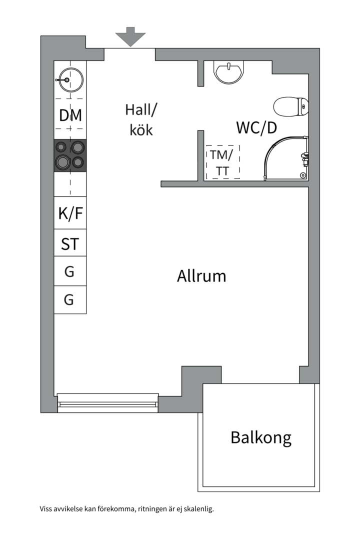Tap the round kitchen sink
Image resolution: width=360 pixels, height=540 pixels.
tap(71, 80)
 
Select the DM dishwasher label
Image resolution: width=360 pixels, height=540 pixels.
tap(70, 115)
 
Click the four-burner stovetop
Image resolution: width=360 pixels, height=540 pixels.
tap(70, 155)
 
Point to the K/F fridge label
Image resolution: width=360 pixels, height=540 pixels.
tap(70, 213)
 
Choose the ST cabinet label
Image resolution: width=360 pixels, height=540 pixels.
tap(70, 244)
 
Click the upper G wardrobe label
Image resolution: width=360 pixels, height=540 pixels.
tap(69, 271)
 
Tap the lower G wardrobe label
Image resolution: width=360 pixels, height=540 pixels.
tap(69, 299)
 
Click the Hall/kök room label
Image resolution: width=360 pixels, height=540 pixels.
tap(141, 120)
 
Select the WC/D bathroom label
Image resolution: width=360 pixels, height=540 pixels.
tap(256, 128)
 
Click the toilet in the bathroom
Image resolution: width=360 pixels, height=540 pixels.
tap(291, 107)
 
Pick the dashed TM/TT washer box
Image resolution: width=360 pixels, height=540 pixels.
tap(222, 162)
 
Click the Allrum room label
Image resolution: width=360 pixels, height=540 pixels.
tap(201, 276)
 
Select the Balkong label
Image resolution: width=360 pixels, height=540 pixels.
tap(261, 437)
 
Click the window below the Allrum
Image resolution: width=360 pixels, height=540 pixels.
tap(108, 403)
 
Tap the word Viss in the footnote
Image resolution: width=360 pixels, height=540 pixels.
tap(46, 508)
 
